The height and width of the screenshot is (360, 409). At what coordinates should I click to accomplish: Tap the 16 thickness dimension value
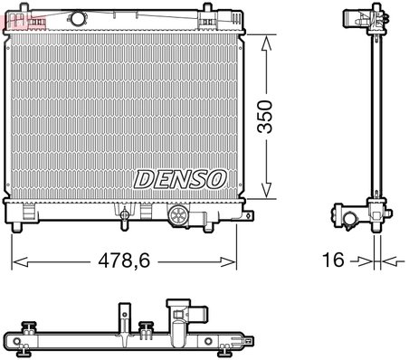click(335, 261)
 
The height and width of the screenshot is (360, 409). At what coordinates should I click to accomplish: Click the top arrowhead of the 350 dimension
click(266, 40)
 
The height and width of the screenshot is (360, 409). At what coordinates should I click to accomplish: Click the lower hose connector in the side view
click(348, 216)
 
